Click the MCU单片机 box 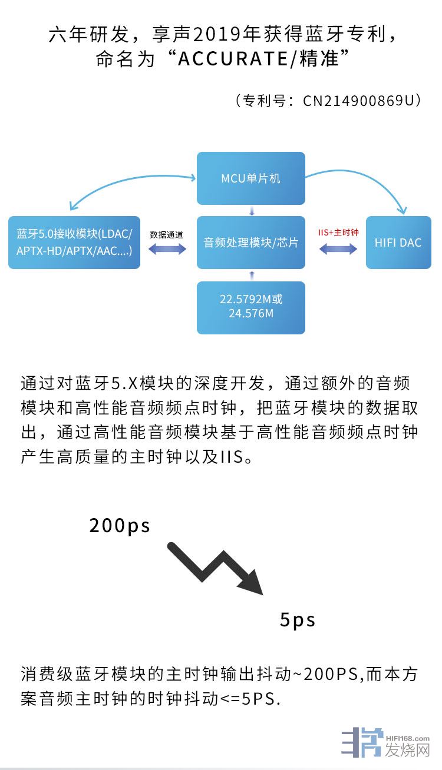coord(250,178)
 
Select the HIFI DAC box coord(398,243)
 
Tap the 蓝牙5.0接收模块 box coord(74,243)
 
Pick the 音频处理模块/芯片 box coord(250,243)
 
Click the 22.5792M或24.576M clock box coord(250,307)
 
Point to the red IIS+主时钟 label coord(338,233)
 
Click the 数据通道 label coord(167,234)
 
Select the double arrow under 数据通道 coord(167,249)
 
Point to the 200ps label coord(120,526)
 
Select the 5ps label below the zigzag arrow coord(298,620)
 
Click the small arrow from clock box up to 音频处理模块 coord(252,275)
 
